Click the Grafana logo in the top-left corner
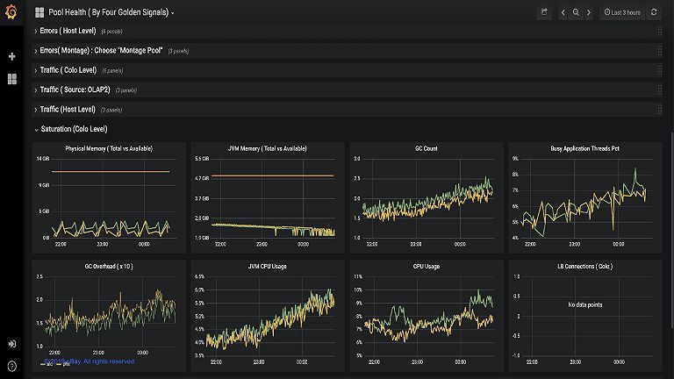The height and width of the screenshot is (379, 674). coord(11,12)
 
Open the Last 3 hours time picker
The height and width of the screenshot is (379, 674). coord(622,13)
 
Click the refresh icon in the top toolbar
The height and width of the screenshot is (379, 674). coord(654,13)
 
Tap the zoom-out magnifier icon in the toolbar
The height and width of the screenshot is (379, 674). coord(576,13)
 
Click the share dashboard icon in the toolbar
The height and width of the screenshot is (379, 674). coord(544,13)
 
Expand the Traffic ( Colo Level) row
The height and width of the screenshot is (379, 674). coord(68,70)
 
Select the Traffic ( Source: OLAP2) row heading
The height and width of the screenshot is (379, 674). coord(75,89)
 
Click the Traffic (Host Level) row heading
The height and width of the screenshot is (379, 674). coord(68,110)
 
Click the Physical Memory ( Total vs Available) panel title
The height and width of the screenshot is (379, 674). coord(109,148)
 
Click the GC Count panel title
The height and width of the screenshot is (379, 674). coord(427,148)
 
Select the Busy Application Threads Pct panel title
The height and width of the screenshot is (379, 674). coord(585,148)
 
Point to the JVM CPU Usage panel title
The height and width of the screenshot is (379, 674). coord(268,266)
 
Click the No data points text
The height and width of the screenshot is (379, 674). coord(585,304)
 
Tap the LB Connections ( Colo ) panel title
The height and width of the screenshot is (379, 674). coord(585,266)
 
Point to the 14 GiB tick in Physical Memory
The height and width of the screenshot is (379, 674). coord(42,159)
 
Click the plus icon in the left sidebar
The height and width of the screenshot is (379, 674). coord(11,56)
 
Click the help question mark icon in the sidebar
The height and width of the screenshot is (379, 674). coord(11,365)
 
